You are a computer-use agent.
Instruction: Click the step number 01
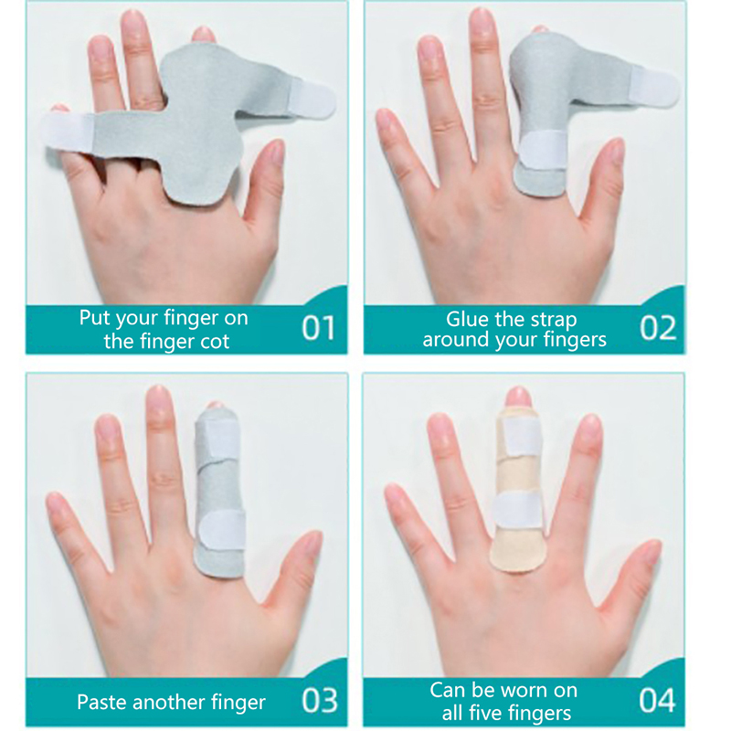pyautogui.click(x=318, y=328)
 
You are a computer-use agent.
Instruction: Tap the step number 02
pyautogui.click(x=658, y=328)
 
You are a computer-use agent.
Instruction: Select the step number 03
pyautogui.click(x=319, y=700)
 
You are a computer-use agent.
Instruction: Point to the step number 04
pyautogui.click(x=657, y=700)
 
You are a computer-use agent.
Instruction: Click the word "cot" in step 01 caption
pyautogui.click(x=215, y=342)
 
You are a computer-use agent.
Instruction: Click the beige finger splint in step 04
pyautogui.click(x=519, y=490)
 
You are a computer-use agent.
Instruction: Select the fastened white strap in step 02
pyautogui.click(x=543, y=149)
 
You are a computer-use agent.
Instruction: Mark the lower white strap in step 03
pyautogui.click(x=222, y=529)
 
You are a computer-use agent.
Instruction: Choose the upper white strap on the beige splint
pyautogui.click(x=520, y=436)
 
